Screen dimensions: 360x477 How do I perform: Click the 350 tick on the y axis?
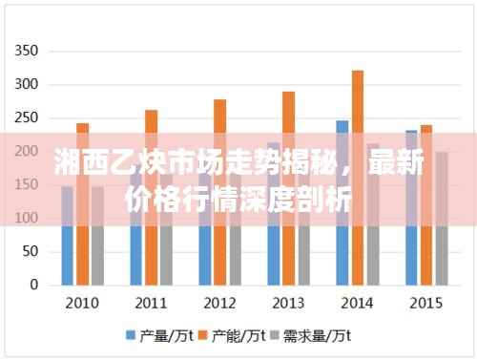point(28,51)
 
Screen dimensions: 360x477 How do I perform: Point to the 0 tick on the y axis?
point(33,285)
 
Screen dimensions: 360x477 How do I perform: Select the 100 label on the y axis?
point(28,218)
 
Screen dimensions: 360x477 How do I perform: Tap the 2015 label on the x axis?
point(425,303)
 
